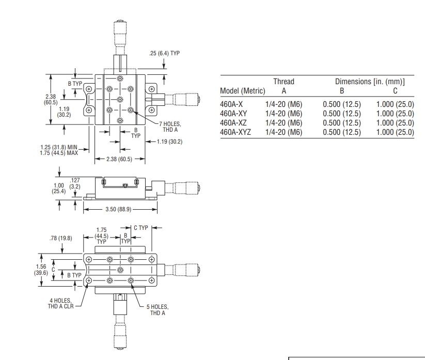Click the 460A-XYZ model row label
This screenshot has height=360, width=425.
pyautogui.click(x=235, y=132)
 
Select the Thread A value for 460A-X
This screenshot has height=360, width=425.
pyautogui.click(x=284, y=104)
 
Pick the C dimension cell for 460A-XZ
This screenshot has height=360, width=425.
pyautogui.click(x=395, y=123)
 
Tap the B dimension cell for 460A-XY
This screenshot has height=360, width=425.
pyautogui.click(x=342, y=114)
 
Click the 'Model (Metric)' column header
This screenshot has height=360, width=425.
pyautogui.click(x=243, y=91)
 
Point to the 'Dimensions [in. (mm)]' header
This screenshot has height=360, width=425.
pyautogui.click(x=370, y=82)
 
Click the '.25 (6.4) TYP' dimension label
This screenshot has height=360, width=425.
pyautogui.click(x=164, y=53)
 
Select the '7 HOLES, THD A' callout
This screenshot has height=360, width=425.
pyautogui.click(x=170, y=127)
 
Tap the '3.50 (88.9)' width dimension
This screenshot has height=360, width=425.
pyautogui.click(x=118, y=209)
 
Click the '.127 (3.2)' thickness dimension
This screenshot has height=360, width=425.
pyautogui.click(x=75, y=183)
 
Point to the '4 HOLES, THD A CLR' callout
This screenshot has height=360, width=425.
pyautogui.click(x=61, y=303)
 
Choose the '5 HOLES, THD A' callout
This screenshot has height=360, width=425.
pyautogui.click(x=158, y=310)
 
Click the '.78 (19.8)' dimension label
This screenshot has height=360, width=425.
pyautogui.click(x=61, y=238)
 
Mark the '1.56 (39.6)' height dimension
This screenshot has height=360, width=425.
pyautogui.click(x=41, y=270)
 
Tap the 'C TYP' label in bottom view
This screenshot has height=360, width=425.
pyautogui.click(x=141, y=228)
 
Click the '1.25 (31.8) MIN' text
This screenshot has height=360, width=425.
pyautogui.click(x=59, y=147)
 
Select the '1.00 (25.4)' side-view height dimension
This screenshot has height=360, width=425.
pyautogui.click(x=58, y=189)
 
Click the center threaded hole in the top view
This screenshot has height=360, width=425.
pyautogui.click(x=120, y=100)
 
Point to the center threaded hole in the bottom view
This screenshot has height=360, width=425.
pyautogui.click(x=120, y=270)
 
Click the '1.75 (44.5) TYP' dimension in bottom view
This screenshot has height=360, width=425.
pyautogui.click(x=101, y=236)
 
